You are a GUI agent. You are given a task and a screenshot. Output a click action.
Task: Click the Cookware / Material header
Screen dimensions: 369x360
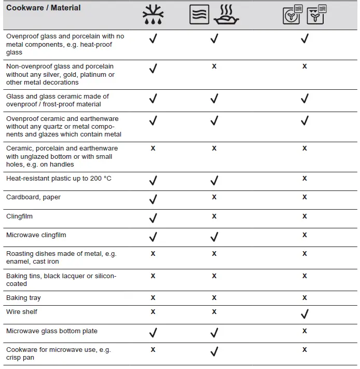coord(44,8)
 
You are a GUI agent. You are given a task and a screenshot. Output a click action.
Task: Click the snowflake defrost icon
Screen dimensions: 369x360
coord(153,15)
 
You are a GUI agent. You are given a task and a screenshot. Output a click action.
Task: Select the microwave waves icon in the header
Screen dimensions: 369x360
coord(199,15)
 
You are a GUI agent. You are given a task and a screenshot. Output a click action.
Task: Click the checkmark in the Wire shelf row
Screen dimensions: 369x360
coord(304,313)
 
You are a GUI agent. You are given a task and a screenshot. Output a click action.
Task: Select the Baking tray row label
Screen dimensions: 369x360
coord(23,298)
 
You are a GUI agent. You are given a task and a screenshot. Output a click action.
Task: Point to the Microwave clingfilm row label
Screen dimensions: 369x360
coord(36,235)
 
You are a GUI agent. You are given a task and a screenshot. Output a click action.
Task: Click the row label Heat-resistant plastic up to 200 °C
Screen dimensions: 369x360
coord(59,179)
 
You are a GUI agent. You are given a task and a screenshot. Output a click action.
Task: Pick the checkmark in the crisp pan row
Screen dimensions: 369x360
coord(214,351)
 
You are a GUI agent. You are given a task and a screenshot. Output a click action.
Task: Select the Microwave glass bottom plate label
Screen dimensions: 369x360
coord(52,331)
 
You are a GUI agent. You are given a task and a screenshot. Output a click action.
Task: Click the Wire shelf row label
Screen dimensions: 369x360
coord(22,312)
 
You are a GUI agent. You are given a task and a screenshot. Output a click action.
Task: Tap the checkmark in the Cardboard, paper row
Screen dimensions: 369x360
coord(153,198)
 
